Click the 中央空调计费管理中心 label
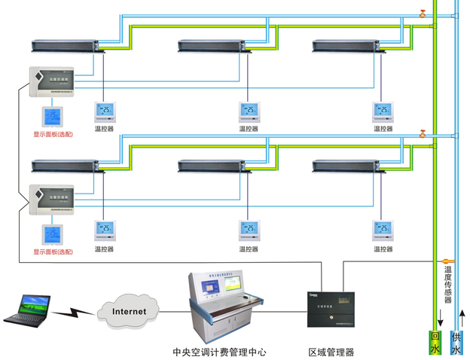click(219, 352)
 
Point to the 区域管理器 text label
click(331, 352)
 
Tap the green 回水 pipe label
click(435, 343)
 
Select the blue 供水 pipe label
click(456, 343)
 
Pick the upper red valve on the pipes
click(423, 13)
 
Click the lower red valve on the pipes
click(423, 135)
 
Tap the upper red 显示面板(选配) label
click(53, 135)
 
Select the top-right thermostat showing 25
click(383, 112)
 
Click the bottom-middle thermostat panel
click(249, 230)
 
